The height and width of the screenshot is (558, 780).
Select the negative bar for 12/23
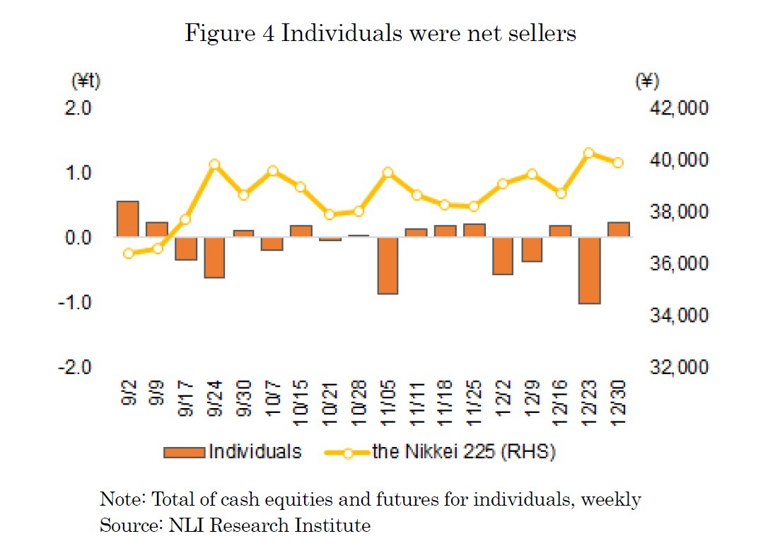pyautogui.click(x=590, y=270)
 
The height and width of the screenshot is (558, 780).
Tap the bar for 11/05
pyautogui.click(x=388, y=265)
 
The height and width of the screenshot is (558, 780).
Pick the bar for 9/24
pyautogui.click(x=214, y=257)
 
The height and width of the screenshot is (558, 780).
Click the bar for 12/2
pyautogui.click(x=503, y=255)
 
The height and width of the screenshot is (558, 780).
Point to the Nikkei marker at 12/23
pyautogui.click(x=588, y=153)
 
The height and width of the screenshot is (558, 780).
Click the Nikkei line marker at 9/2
pyautogui.click(x=128, y=253)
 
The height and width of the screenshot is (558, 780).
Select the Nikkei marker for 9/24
pyautogui.click(x=215, y=165)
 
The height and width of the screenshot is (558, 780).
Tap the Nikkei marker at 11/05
pyautogui.click(x=388, y=173)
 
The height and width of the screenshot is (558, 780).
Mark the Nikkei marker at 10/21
pyautogui.click(x=330, y=214)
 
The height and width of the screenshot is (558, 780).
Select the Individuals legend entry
pyautogui.click(x=233, y=452)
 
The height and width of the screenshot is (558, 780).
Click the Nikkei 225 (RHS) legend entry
pyautogui.click(x=439, y=452)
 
